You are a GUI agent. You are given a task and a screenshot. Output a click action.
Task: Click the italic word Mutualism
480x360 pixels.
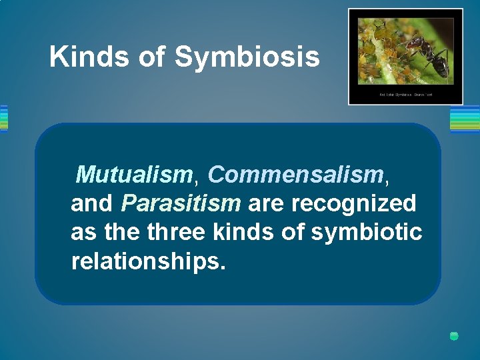pyautogui.click(x=134, y=175)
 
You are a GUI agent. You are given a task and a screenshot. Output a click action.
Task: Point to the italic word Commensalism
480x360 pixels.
pyautogui.click(x=295, y=175)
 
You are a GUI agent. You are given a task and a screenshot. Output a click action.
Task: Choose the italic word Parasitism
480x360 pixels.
pyautogui.click(x=181, y=203)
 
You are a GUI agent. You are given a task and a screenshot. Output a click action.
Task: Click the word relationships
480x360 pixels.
pyautogui.click(x=148, y=261)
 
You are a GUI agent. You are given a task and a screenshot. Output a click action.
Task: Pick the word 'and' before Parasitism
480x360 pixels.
pyautogui.click(x=92, y=203)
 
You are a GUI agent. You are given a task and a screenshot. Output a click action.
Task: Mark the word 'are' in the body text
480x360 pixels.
pyautogui.click(x=264, y=203)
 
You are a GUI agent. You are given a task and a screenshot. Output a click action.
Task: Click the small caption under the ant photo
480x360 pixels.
pyautogui.click(x=405, y=95)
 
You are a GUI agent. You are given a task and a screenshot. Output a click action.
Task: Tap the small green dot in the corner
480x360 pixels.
pyautogui.click(x=454, y=336)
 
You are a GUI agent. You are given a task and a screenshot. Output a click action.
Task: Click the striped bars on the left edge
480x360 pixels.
pyautogui.click(x=3, y=119)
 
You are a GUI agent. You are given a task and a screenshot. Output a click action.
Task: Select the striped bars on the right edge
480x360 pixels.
pyautogui.click(x=465, y=119)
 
